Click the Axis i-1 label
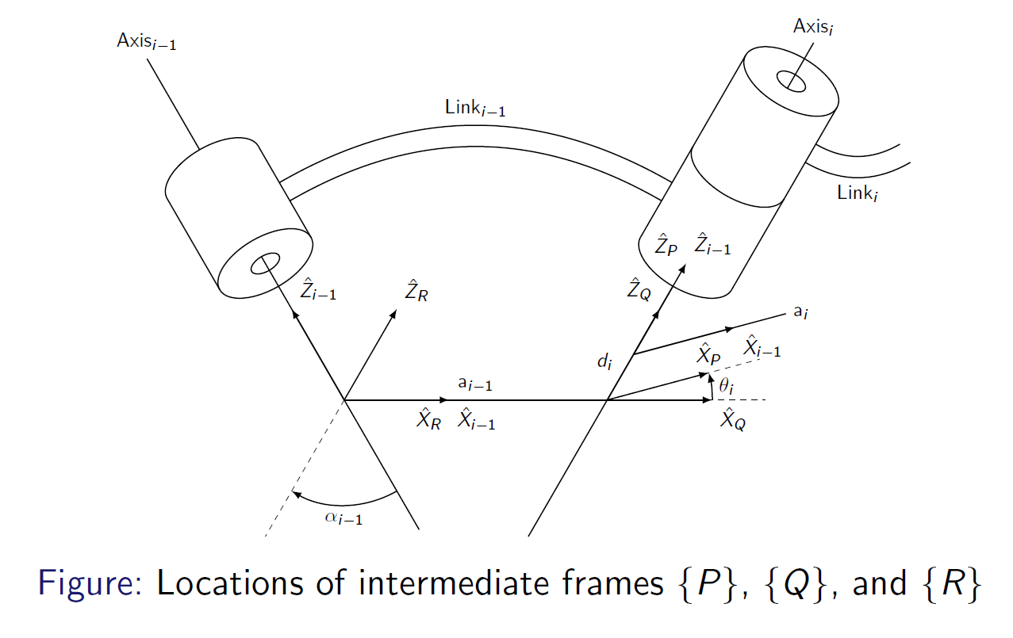click(146, 42)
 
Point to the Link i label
click(858, 193)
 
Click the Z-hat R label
click(417, 292)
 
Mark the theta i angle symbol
click(727, 388)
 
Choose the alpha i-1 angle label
click(343, 518)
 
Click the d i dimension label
click(605, 363)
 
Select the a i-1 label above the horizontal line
click(476, 384)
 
